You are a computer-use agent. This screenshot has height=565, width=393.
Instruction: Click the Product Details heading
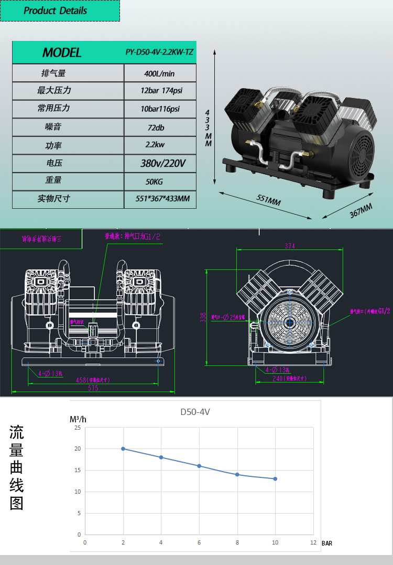click(x=56, y=10)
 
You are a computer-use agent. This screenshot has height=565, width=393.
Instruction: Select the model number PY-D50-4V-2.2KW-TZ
click(x=160, y=52)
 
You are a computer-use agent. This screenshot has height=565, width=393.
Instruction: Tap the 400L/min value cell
click(x=160, y=73)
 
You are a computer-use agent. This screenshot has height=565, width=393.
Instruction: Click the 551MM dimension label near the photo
click(x=268, y=201)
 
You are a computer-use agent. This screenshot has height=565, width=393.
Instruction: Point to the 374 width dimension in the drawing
click(x=289, y=246)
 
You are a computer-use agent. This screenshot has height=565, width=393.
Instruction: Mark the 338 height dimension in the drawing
click(x=202, y=317)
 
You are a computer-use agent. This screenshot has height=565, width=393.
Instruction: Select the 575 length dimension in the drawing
click(x=93, y=388)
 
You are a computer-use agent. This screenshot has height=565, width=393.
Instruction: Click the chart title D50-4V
click(x=195, y=412)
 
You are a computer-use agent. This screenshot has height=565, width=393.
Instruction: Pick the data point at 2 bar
click(x=123, y=449)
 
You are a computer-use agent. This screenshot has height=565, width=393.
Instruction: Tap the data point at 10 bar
click(x=275, y=478)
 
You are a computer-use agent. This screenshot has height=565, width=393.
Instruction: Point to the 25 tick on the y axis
click(x=78, y=428)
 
